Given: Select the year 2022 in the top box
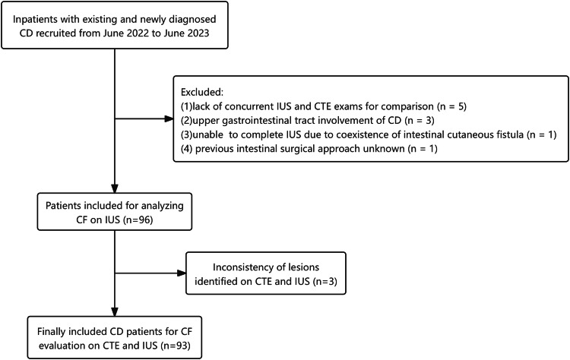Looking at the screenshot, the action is point(139,33).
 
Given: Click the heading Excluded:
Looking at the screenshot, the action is point(201,92).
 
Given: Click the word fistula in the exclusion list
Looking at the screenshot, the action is point(510,134).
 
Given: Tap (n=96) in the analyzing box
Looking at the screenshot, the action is point(138,219).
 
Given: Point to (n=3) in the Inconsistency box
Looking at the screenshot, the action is point(325,282).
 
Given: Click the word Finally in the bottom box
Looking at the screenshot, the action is point(51,332).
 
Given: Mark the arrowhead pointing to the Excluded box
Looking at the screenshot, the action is point(169,118).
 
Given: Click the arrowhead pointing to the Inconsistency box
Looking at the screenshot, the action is point(182,273).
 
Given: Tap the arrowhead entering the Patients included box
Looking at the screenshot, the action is point(115,188).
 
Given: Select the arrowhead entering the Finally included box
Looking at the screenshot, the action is point(115,311).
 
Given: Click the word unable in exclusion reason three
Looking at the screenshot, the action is point(207,134).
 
